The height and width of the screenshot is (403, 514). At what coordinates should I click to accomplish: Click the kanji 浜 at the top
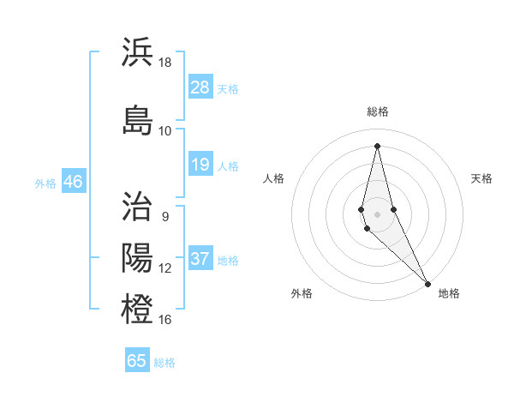pos(138,53)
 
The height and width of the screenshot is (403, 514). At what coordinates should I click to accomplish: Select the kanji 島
pos(138,119)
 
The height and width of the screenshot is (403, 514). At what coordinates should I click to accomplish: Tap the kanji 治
pos(138,207)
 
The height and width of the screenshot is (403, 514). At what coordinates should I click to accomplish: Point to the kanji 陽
pos(138,257)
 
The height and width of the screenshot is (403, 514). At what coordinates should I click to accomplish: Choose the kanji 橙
pos(138,308)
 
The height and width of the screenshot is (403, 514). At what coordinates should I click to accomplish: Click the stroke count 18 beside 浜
pos(165,63)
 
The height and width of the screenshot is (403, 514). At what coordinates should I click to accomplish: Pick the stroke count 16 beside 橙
pos(165,320)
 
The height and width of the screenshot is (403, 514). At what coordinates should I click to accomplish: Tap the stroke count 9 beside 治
pos(165,217)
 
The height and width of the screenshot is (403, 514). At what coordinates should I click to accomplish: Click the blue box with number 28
pos(200,87)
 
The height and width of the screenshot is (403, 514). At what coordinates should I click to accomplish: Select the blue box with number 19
pos(200,165)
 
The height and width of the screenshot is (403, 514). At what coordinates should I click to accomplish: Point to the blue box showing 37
pos(200,259)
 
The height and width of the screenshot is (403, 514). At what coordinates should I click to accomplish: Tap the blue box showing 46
pos(73,182)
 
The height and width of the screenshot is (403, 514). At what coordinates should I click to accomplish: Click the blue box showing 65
pos(137,361)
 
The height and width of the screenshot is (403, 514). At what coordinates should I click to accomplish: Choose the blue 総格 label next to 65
pos(164,363)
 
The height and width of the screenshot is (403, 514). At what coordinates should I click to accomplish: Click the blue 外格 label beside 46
pos(45,183)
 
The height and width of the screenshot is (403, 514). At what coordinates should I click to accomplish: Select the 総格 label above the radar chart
pos(378,111)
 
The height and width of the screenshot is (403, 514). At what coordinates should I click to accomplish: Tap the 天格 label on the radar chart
pos(482,178)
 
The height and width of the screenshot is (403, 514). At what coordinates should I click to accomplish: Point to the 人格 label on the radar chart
pos(273,178)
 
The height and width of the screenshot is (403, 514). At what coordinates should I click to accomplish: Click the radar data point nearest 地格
pos(427,282)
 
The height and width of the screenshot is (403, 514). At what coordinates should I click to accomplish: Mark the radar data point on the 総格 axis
pos(377,145)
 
